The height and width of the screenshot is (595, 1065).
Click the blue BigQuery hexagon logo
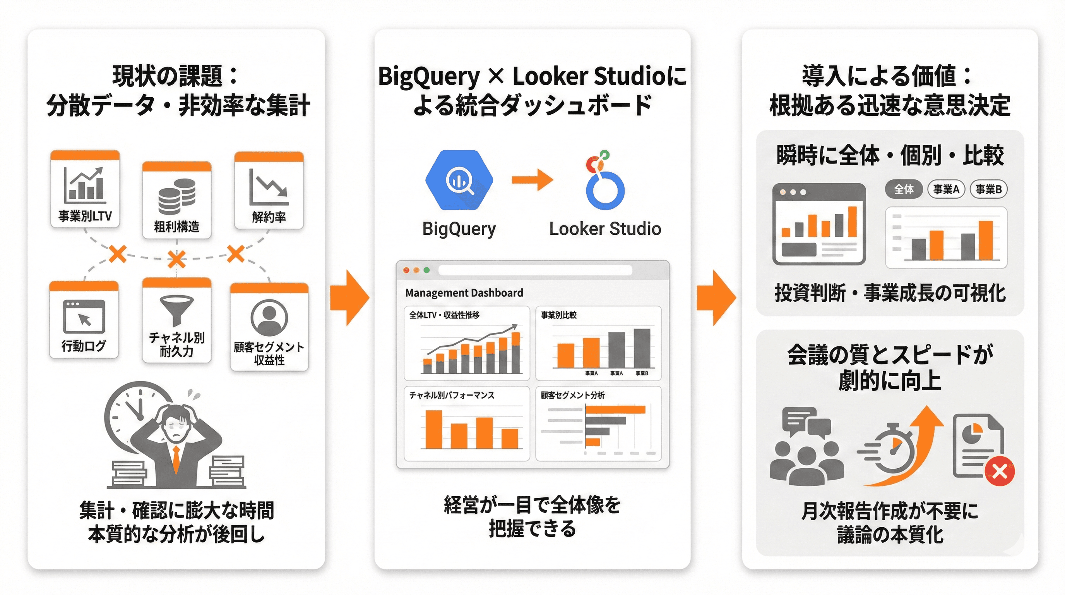click(459, 181)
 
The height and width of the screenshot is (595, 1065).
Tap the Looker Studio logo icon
click(604, 182)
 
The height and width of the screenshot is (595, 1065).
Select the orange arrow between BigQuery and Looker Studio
click(532, 180)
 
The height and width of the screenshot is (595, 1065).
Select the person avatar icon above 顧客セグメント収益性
click(269, 318)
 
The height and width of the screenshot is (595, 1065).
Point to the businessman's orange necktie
click(176, 459)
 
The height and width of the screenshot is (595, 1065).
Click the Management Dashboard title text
click(464, 293)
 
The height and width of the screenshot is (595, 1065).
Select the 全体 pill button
click(904, 189)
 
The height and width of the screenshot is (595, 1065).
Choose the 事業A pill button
click(946, 189)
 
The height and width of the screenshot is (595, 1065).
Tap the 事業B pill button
click(988, 189)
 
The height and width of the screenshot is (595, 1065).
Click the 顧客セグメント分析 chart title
click(573, 396)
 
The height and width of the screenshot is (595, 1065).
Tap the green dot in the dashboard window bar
click(427, 270)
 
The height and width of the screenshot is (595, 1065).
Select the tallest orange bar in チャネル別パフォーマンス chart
click(434, 429)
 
